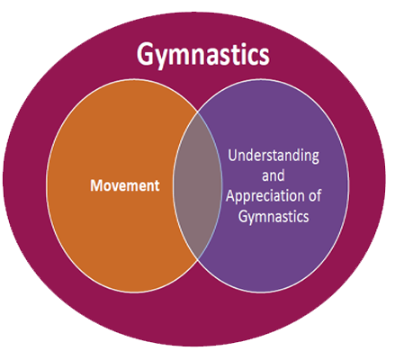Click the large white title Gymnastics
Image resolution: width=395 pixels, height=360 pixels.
point(203,55)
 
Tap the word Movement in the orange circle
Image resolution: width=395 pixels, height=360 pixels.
point(125,185)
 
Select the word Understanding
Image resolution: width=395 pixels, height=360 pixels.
point(274,157)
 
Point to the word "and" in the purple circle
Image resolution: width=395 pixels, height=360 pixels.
point(274,175)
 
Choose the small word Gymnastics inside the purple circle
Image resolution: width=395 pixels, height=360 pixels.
point(274,217)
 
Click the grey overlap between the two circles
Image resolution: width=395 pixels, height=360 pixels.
point(198,184)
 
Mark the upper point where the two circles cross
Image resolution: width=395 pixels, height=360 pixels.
point(198,112)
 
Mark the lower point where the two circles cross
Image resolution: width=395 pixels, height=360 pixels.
point(198,258)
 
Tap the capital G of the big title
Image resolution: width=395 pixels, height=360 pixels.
point(146,54)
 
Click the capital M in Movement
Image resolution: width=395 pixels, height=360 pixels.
point(96,185)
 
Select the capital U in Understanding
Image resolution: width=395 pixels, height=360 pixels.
point(233,156)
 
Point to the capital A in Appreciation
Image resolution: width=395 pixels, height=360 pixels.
point(231,195)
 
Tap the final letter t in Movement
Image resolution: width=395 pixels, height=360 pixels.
point(157,186)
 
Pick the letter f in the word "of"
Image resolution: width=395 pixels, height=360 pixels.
point(318,195)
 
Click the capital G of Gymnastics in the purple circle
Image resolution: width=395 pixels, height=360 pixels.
point(243,216)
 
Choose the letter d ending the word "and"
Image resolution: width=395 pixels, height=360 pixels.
point(281,175)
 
